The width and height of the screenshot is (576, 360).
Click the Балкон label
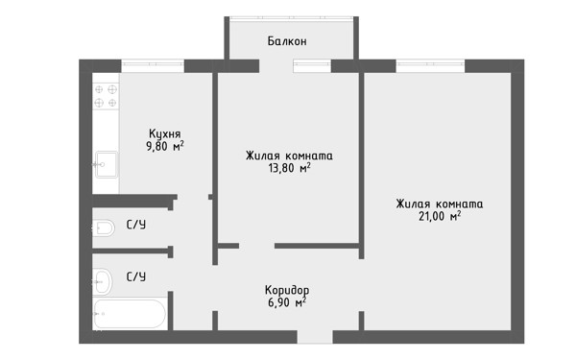[x=287, y=41]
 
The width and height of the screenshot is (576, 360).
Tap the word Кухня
[x=164, y=133]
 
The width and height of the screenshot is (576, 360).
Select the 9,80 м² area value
[x=165, y=146]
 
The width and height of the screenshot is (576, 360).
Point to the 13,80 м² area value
[x=290, y=168]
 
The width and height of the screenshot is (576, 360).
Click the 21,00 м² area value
[x=440, y=216]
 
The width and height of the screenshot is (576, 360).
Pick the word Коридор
[x=287, y=290]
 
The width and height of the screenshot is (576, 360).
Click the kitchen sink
[x=107, y=164]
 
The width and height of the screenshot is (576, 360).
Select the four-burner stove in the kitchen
[x=106, y=96]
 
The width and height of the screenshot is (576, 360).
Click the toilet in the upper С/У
[x=103, y=228]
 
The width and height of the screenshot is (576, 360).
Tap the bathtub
[x=130, y=314]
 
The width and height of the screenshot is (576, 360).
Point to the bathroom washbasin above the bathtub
[x=102, y=281]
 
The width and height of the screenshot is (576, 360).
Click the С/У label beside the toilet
[x=136, y=225]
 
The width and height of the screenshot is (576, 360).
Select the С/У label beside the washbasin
[x=136, y=276]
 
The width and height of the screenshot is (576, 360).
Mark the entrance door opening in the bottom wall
[x=315, y=337]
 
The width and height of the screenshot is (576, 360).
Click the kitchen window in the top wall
[x=153, y=66]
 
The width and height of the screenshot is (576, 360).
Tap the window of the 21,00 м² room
[x=430, y=66]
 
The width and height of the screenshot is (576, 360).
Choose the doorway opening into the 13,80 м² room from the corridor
[x=256, y=246]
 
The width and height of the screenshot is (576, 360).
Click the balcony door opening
[x=276, y=66]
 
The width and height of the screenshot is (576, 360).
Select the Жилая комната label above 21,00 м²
[x=440, y=204]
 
